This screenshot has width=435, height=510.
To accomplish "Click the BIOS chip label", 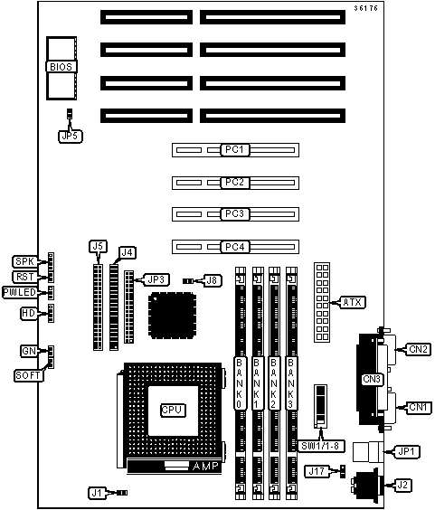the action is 61,67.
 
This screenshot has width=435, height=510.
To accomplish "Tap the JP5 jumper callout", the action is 71,136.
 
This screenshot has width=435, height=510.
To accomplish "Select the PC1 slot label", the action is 235,149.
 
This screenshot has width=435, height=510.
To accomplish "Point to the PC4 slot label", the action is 235,247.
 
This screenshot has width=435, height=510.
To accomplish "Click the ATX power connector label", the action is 353,302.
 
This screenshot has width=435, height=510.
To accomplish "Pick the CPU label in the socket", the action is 174,410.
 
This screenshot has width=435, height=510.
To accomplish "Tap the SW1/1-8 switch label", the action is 321,446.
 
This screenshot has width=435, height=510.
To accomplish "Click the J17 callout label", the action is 317,471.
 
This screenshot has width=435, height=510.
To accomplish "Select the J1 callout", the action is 98,493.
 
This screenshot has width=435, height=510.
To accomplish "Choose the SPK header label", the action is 25,261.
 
